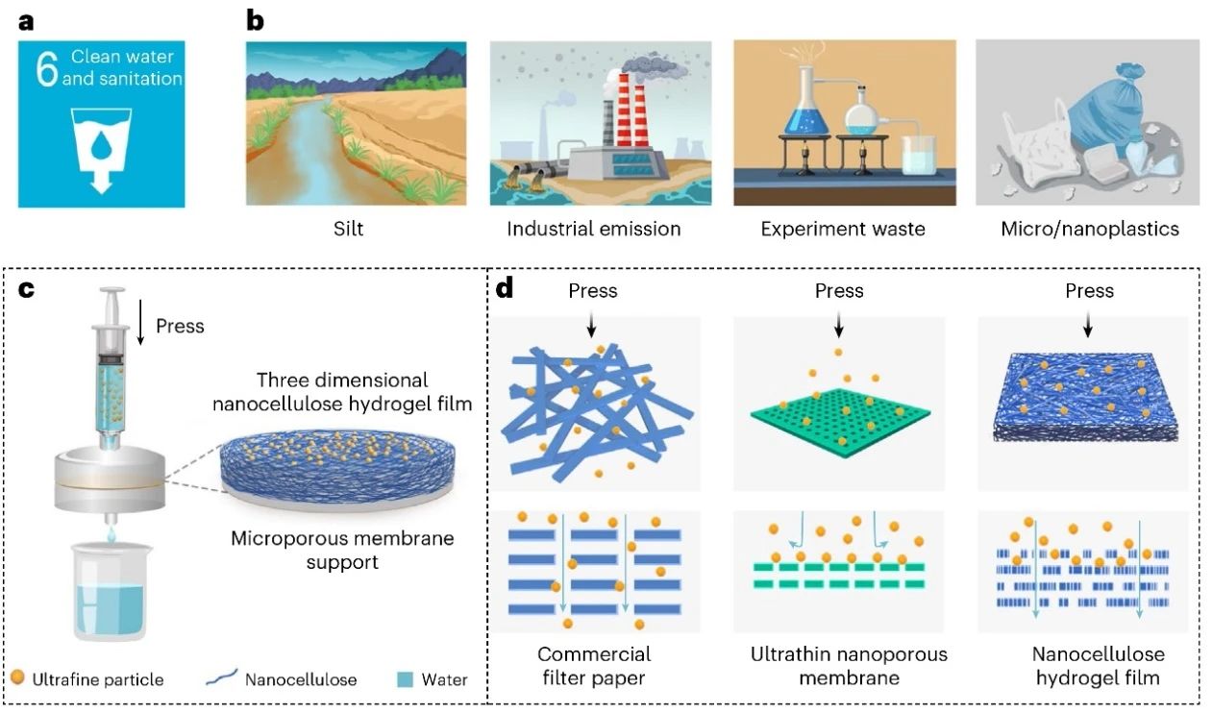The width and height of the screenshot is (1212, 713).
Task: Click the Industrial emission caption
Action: tap(594, 229)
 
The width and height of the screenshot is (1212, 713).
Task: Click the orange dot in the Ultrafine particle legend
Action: tap(17, 678)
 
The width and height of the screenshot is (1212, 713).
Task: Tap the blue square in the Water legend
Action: tap(406, 679)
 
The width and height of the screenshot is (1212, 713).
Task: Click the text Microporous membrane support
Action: tap(342, 549)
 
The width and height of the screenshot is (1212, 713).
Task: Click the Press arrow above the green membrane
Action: tap(839, 326)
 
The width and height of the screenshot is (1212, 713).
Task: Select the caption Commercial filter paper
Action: tap(594, 665)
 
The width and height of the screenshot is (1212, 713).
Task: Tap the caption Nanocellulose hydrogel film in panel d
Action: tap(1098, 665)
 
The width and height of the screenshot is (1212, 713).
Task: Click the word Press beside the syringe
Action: tap(180, 326)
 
